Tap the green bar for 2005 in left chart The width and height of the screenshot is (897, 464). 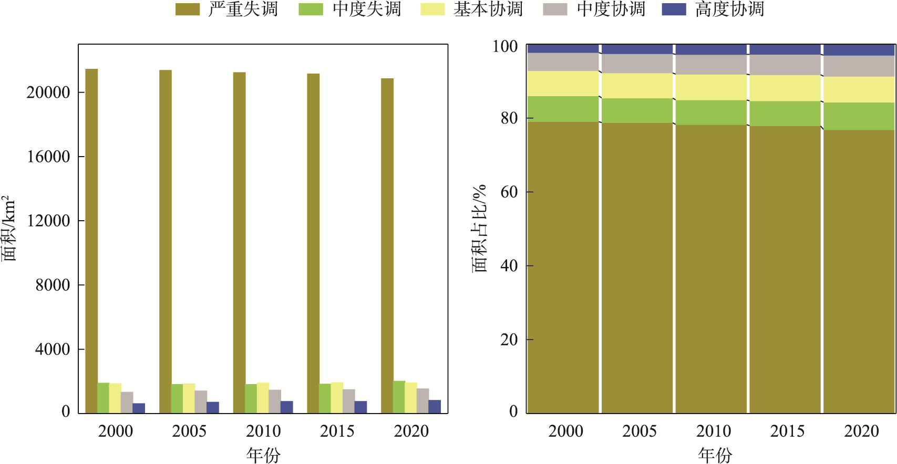tap(177, 398)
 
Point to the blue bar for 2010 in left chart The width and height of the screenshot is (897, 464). tap(287, 407)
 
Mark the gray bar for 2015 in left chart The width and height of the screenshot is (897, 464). tap(349, 401)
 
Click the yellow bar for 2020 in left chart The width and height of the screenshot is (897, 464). tap(411, 398)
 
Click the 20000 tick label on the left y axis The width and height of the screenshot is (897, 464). tap(48, 92)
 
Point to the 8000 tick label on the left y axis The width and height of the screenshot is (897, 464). tap(53, 285)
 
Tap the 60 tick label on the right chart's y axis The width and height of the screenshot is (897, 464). tap(509, 192)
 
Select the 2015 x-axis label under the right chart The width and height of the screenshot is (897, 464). tap(787, 431)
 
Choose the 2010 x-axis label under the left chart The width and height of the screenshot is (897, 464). tap(263, 431)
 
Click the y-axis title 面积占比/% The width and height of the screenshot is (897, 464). tap(479, 228)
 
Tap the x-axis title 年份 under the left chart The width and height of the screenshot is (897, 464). tap(263, 455)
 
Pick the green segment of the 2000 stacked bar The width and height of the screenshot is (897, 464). tap(563, 109)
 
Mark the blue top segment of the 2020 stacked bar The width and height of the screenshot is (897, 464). tap(859, 50)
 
